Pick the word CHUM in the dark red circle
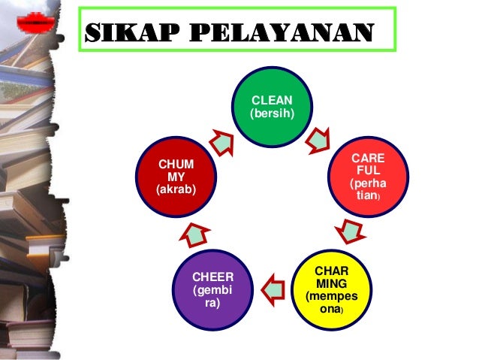[174, 164]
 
